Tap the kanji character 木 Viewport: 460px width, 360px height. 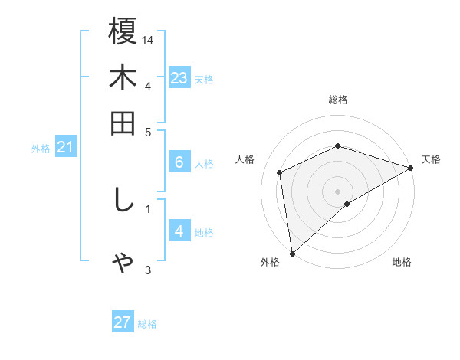tap(123, 79)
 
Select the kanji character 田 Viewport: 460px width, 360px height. tap(123, 123)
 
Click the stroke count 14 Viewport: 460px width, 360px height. tap(149, 39)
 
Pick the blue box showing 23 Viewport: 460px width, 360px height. tap(179, 77)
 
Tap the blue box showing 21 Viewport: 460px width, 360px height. tap(65, 147)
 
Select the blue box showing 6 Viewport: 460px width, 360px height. tap(179, 162)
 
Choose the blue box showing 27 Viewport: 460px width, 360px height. tap(123, 322)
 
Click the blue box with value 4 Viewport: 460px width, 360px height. tap(179, 231)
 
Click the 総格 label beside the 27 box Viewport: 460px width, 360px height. tap(147, 324)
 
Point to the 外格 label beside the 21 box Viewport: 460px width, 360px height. tap(40, 149)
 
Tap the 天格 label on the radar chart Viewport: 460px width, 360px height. tap(431, 159)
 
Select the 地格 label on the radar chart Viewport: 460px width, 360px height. tap(402, 263)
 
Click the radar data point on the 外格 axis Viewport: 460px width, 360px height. tap(292, 254)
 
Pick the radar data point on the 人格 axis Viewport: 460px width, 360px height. tap(280, 172)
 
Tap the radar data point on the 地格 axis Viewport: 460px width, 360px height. tap(347, 204)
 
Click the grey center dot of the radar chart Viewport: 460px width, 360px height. tap(338, 191)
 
